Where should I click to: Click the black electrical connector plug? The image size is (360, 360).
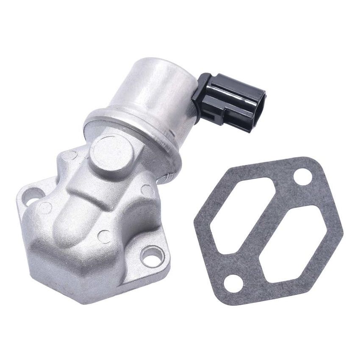tap(229, 102)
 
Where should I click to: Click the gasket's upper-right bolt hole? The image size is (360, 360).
tap(302, 176)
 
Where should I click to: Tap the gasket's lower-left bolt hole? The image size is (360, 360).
tap(233, 283)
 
